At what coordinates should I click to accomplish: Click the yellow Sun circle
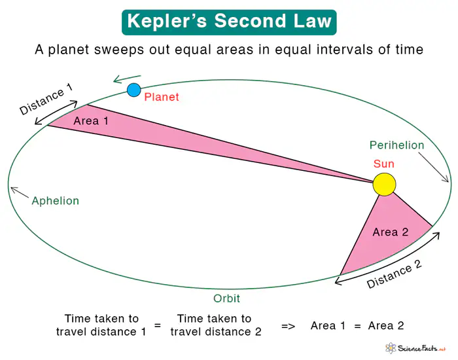(384, 184)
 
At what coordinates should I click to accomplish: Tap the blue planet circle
(134, 90)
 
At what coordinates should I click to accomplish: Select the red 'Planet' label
(162, 98)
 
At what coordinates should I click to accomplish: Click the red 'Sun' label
(384, 164)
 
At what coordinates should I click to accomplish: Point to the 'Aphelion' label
(55, 201)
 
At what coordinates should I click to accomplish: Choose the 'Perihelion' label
(396, 145)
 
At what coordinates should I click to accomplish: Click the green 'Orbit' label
(226, 298)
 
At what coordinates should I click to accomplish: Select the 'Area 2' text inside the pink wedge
(391, 232)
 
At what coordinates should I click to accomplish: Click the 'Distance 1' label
(46, 100)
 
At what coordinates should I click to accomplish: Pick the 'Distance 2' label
(394, 275)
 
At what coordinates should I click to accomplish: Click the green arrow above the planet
(127, 79)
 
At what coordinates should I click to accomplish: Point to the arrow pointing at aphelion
(20, 192)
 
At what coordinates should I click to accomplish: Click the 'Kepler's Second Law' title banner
(229, 22)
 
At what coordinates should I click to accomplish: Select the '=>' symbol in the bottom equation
(289, 325)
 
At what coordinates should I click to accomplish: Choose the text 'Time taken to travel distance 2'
(216, 325)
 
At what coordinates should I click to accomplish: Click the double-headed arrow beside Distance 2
(386, 257)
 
